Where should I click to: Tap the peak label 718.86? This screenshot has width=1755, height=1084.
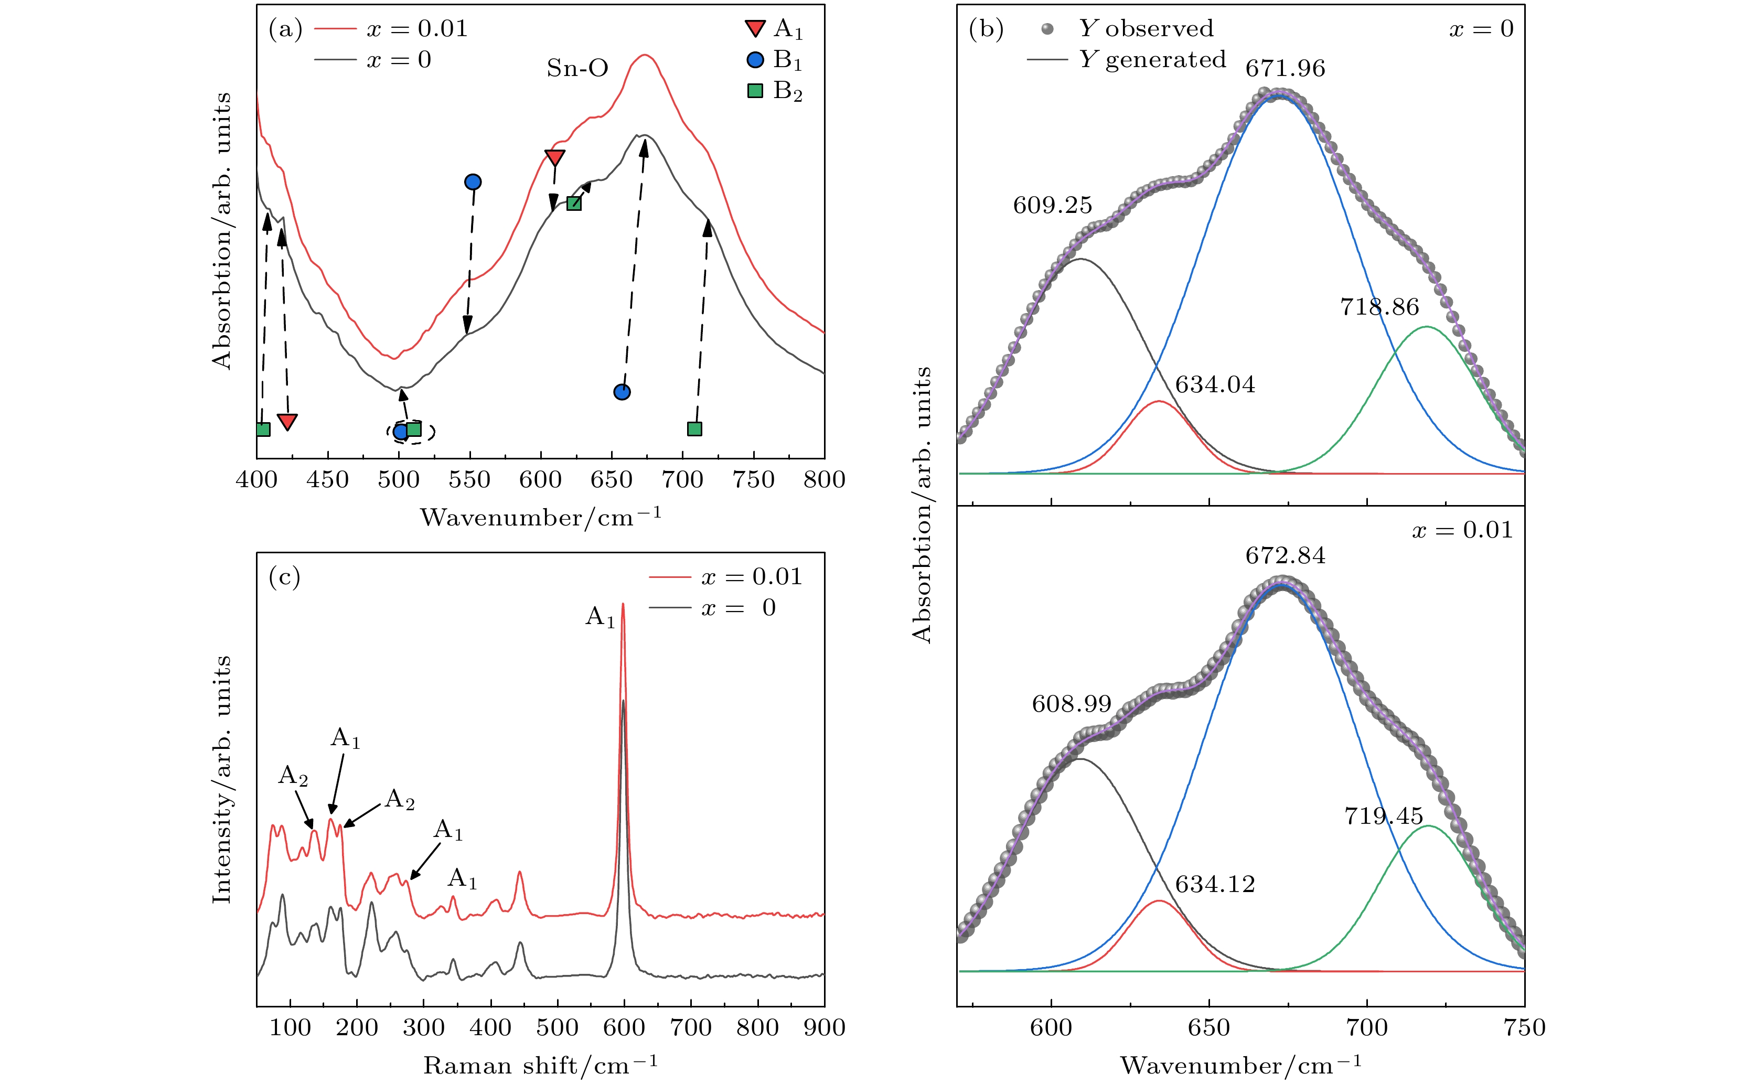pos(1379,307)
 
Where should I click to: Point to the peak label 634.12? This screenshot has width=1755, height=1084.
pos(1215,884)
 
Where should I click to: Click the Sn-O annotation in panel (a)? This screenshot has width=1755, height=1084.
pos(577,68)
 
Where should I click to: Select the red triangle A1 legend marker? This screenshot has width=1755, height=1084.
pos(756,29)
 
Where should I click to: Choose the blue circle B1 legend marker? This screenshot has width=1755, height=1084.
pos(756,59)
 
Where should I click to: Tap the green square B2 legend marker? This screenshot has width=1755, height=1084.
pos(756,91)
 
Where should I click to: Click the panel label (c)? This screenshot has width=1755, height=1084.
pos(284,576)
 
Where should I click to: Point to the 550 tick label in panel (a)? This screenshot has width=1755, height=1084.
pos(469,480)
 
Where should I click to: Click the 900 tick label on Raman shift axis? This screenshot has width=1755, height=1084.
pos(823,1027)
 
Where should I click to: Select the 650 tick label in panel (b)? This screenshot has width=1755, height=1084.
pos(1208,1027)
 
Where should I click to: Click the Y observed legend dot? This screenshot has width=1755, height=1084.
pos(1048,29)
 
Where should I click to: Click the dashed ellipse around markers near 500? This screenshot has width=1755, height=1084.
pos(411,431)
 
